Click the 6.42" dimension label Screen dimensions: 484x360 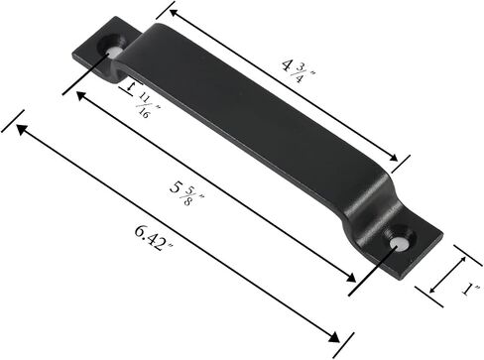(154, 238)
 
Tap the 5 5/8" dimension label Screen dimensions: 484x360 (186, 193)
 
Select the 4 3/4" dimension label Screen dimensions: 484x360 (299, 70)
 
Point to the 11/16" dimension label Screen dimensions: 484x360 (148, 105)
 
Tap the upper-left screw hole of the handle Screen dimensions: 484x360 (113, 49)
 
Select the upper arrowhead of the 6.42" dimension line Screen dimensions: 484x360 (21, 129)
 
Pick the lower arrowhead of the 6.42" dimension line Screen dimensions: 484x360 (333, 337)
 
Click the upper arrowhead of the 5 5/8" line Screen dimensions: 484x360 (81, 96)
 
